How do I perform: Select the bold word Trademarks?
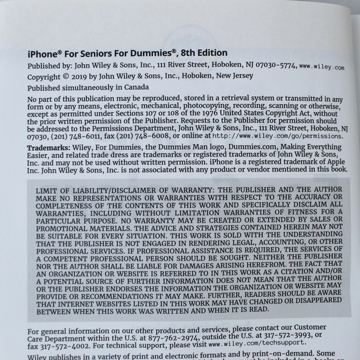point(50,148)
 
